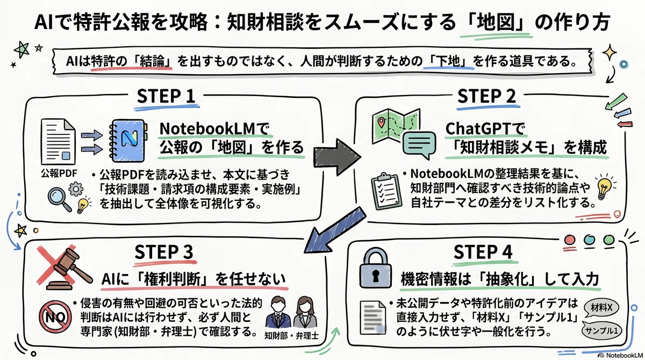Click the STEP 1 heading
[166, 96]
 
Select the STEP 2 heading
[486, 96]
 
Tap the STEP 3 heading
[163, 251]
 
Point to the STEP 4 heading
[483, 251]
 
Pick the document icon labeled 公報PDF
[58, 142]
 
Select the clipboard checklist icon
[386, 191]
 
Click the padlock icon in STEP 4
[376, 268]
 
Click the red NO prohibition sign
[55, 317]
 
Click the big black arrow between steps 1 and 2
[337, 157]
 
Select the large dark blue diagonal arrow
[334, 230]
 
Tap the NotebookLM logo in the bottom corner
[620, 356]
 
